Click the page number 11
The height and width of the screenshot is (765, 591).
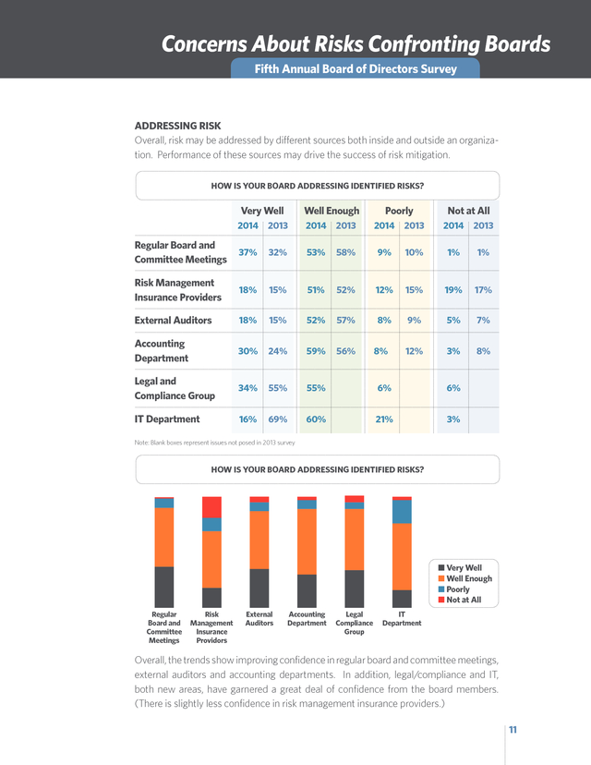coord(513,729)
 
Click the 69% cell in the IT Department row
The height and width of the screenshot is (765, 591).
coord(277,419)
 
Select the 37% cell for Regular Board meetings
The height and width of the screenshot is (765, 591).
coord(247,252)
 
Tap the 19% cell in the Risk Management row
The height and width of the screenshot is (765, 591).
coord(453,290)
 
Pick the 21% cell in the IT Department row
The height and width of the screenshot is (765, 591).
coord(384,419)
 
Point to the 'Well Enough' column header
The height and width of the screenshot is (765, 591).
coord(332,211)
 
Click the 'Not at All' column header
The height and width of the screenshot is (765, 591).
coord(468,211)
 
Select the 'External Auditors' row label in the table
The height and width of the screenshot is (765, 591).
coord(173,320)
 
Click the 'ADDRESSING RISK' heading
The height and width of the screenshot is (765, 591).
coord(177,126)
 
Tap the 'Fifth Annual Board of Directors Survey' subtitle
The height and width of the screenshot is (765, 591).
coord(356,68)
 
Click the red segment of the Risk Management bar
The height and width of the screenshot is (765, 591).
coord(211,507)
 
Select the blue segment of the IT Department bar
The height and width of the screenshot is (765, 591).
coord(402,512)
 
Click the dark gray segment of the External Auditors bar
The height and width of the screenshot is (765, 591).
coord(259,588)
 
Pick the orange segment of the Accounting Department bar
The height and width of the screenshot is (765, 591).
coord(307,541)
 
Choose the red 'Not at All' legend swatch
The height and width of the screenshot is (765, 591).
coord(441,600)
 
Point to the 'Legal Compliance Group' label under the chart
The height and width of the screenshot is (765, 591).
coord(354,623)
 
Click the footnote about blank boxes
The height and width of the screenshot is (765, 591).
coord(214,443)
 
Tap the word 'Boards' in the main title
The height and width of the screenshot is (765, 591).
coord(517,44)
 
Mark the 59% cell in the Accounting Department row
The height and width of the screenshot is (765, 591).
coord(316,351)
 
